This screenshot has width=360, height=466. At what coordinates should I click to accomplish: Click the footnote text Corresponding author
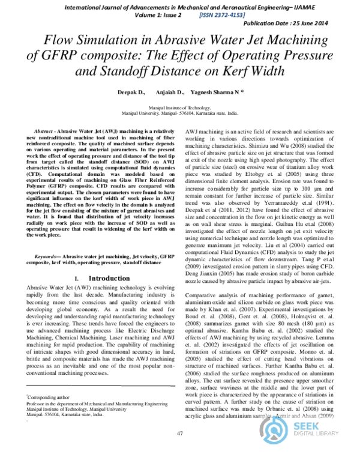click(47, 398)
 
